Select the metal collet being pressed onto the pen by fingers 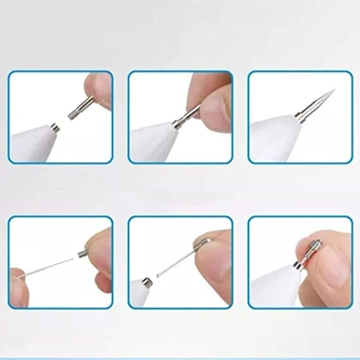pos(187,115)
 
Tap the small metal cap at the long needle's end pos(82,254)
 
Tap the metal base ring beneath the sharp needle pos(297,115)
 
